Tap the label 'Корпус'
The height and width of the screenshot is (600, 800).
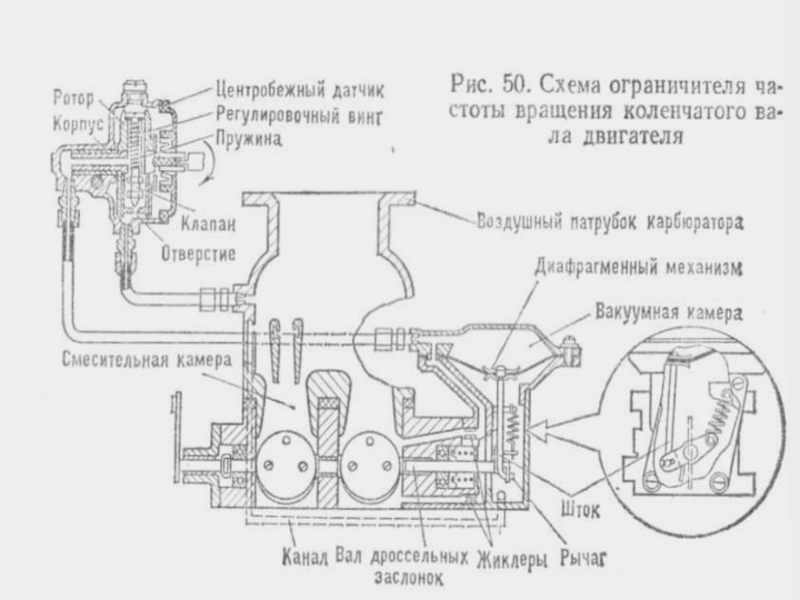pyautogui.click(x=72, y=120)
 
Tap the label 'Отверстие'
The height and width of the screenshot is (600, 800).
pyautogui.click(x=198, y=252)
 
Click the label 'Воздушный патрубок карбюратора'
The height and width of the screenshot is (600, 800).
pyautogui.click(x=612, y=219)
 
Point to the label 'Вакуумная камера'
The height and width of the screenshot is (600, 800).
pyautogui.click(x=668, y=312)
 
